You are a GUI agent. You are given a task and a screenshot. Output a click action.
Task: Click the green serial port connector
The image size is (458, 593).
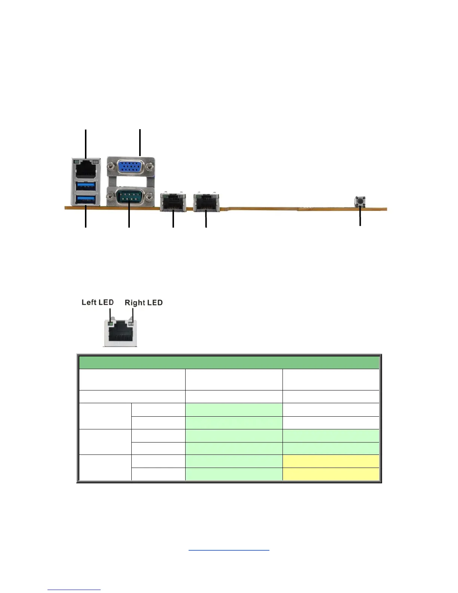pos(129,196)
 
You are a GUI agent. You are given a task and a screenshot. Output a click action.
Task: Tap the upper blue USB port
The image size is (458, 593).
pos(86,186)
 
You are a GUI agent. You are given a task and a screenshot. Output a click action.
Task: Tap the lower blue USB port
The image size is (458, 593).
pos(86,199)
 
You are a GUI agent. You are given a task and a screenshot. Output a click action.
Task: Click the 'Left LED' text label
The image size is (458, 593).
pos(98,302)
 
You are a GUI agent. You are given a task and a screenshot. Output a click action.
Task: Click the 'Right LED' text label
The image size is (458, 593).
pos(144,302)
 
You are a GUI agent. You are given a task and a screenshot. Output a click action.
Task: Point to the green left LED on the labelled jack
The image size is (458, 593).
pos(110,323)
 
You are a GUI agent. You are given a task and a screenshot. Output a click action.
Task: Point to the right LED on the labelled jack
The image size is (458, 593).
pos(131,323)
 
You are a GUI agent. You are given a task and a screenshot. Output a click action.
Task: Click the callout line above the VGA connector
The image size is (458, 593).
pos(140,142)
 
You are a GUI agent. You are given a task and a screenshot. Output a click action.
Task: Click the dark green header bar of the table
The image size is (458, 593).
pos(229,362)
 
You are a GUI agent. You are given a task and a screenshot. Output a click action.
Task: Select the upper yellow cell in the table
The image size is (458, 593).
pos(331,461)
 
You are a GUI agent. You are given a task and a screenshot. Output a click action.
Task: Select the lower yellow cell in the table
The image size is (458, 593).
pos(331,474)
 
